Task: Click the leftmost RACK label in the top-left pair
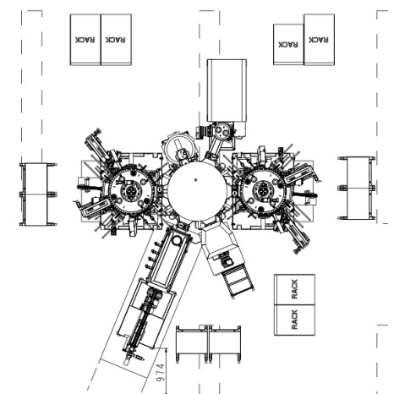coord(85,40)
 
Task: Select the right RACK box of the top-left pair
coord(116,40)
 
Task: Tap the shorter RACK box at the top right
coord(288,45)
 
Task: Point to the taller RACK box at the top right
coord(320,40)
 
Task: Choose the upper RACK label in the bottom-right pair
coord(294,289)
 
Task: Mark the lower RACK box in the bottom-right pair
coord(294,320)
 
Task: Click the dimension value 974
coord(161,373)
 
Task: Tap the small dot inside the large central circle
coord(195,179)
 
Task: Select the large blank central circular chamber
coord(197,192)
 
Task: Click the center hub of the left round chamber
coord(130,192)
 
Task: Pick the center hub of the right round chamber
coord(263,192)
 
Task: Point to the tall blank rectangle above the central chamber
coord(227,90)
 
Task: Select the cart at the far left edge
coord(38,194)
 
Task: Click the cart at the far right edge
coord(357,188)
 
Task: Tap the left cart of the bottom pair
coord(192,344)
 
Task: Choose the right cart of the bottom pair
coord(225,344)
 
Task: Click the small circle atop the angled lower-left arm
coord(177,240)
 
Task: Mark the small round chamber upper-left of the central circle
coord(179,147)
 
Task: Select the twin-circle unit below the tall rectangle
coord(222,130)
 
